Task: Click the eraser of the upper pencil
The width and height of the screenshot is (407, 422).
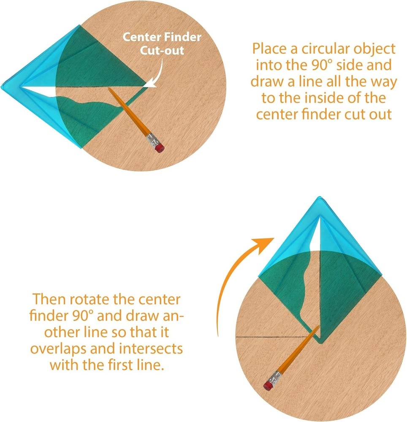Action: coord(160,148)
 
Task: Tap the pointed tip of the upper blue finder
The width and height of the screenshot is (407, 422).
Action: coord(4,87)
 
